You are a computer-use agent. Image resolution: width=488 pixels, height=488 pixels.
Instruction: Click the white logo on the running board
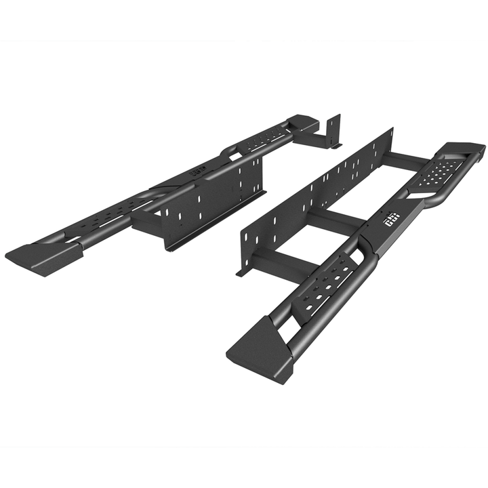click(x=392, y=218)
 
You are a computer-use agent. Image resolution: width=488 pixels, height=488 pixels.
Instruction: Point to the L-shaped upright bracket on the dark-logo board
click(x=331, y=133)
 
